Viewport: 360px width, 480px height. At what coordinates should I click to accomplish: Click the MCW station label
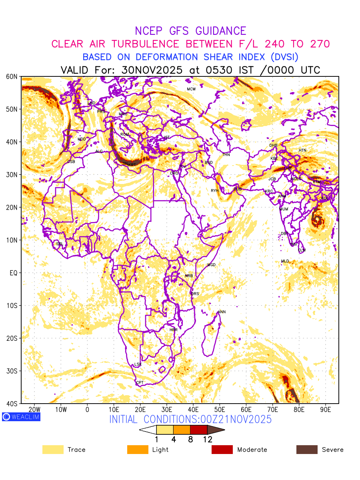191,89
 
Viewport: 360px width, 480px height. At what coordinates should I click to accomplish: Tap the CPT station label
140,383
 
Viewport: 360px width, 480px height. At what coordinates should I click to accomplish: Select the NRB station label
189,276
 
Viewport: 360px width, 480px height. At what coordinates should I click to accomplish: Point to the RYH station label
215,191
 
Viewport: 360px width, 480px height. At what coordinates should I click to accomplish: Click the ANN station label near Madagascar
222,312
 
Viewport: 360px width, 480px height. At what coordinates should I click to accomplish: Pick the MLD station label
285,261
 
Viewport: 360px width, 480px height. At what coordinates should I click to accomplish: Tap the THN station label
226,155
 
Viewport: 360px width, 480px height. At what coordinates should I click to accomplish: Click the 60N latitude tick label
12,76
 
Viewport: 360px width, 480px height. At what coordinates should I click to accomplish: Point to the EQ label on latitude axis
13,273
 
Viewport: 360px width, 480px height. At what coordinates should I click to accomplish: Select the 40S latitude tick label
12,404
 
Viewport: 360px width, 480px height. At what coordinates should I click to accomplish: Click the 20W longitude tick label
34,410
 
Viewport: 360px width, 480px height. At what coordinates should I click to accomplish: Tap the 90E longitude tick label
325,410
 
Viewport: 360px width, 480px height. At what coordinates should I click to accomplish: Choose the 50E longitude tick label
220,410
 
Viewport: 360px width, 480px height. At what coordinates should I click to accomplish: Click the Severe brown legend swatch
307,450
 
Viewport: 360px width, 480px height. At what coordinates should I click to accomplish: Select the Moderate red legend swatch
222,450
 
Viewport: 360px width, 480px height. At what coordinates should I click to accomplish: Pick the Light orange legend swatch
137,450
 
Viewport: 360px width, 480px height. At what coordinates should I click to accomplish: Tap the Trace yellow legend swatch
53,450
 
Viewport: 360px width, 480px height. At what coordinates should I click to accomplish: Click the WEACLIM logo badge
21,417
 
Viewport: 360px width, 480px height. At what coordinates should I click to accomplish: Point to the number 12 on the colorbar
207,440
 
